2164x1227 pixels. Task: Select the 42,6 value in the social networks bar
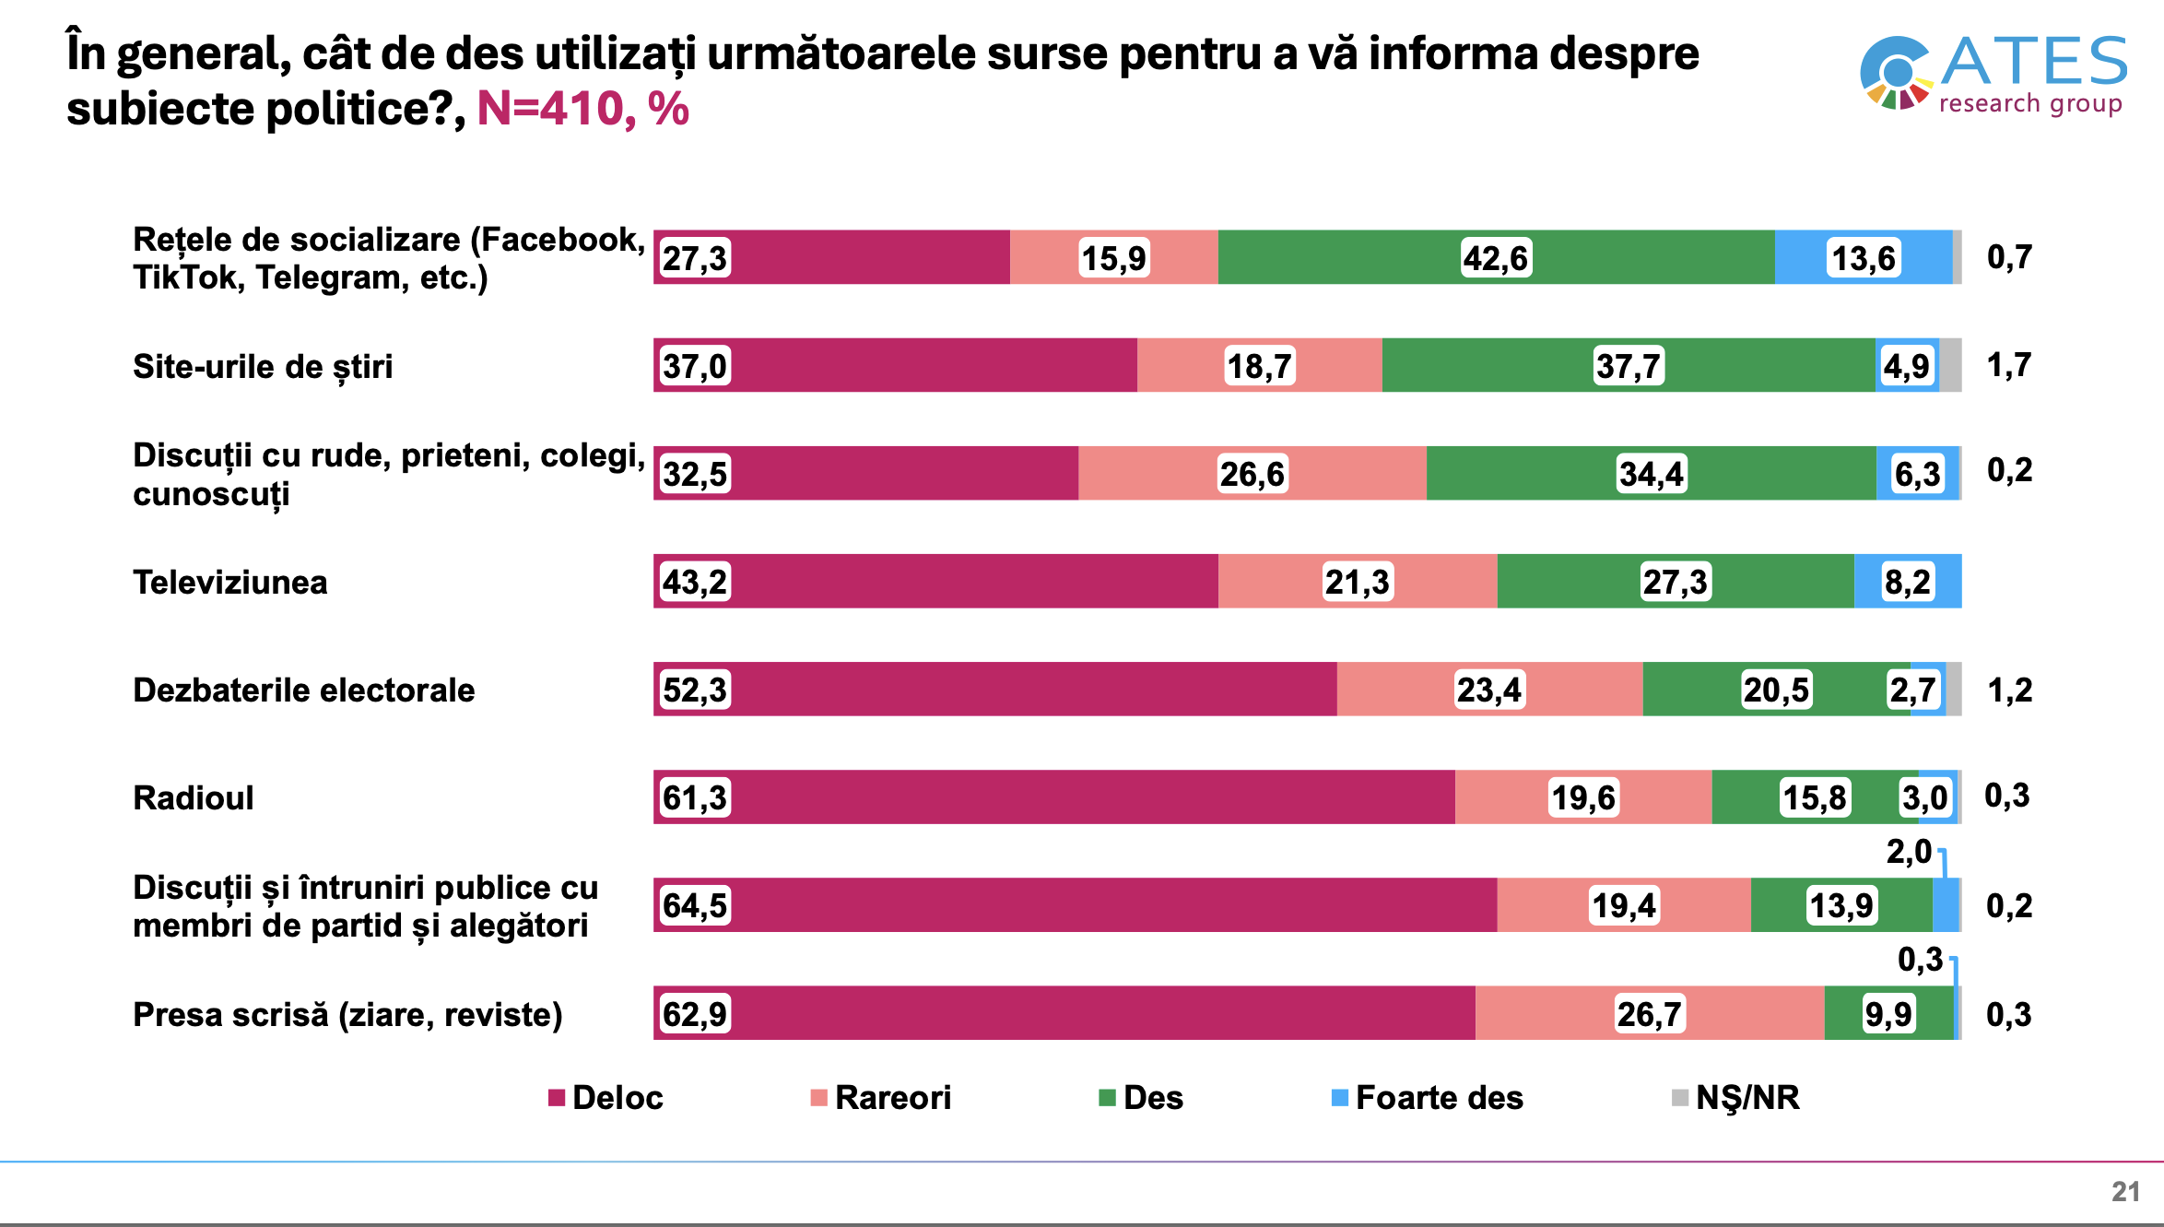[1495, 258]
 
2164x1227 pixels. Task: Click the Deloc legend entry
[606, 1097]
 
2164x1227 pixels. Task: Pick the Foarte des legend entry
[1428, 1097]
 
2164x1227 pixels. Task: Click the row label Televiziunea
[230, 582]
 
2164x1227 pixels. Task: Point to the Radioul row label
[194, 797]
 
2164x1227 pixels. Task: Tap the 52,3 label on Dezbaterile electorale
[695, 690]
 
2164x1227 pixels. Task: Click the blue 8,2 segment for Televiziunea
[1907, 582]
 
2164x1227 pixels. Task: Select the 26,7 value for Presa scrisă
[1649, 1014]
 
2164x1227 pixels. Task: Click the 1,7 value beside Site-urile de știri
[2008, 365]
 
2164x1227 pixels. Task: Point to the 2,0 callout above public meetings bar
[1908, 852]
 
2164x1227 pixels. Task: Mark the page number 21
[2125, 1191]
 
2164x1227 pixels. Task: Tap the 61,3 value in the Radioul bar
[695, 797]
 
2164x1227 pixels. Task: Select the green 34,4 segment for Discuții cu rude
[1651, 474]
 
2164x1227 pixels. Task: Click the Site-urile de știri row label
[263, 366]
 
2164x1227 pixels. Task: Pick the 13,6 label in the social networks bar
[1863, 258]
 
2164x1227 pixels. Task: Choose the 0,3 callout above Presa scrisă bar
[1920, 960]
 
